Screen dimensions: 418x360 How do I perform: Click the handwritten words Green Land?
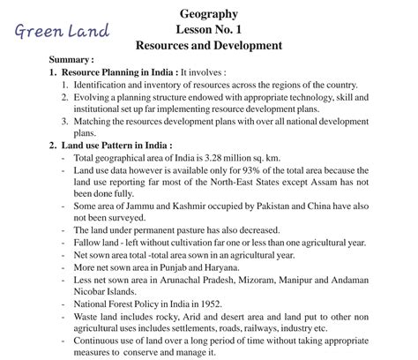[61, 32]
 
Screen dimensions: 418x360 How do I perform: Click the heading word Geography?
[208, 13]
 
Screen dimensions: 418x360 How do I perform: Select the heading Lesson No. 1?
[209, 28]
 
